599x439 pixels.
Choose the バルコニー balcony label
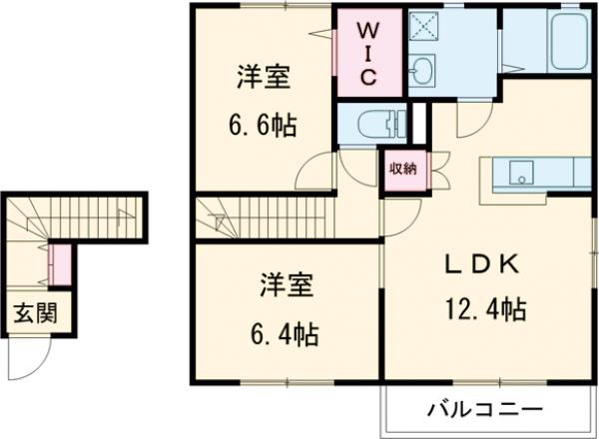[486, 410]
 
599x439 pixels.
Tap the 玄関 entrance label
[34, 314]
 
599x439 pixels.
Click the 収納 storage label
[403, 168]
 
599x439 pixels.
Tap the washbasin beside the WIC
[423, 69]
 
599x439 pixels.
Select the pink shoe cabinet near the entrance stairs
[59, 261]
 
